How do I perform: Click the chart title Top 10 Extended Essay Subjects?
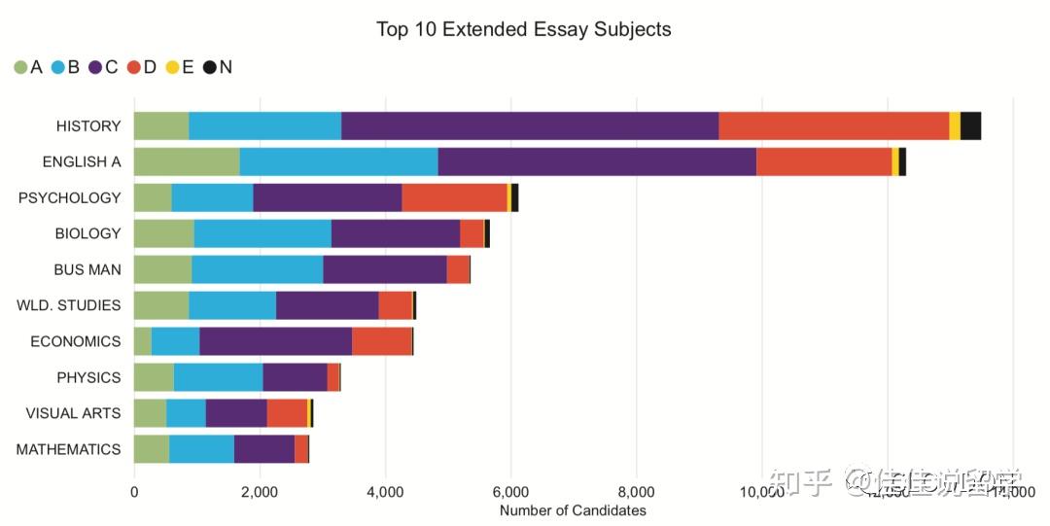click(523, 29)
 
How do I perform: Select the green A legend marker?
click(20, 67)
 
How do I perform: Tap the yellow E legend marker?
click(172, 67)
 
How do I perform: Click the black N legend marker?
click(209, 67)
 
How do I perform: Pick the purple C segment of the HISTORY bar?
click(530, 126)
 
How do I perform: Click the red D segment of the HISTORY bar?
click(833, 126)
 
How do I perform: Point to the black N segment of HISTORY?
click(970, 126)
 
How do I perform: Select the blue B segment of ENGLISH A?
click(338, 161)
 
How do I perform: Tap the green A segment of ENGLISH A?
click(186, 161)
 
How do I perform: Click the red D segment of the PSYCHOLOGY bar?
click(454, 197)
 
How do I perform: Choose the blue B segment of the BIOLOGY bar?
click(262, 233)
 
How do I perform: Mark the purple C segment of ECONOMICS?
click(275, 341)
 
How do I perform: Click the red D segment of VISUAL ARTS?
click(287, 413)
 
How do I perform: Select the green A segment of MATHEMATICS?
click(151, 449)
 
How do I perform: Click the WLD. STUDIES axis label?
click(69, 305)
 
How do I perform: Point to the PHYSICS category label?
click(88, 377)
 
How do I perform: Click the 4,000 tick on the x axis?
click(385, 492)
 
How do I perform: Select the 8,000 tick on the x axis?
click(636, 492)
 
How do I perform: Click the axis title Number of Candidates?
click(573, 510)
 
